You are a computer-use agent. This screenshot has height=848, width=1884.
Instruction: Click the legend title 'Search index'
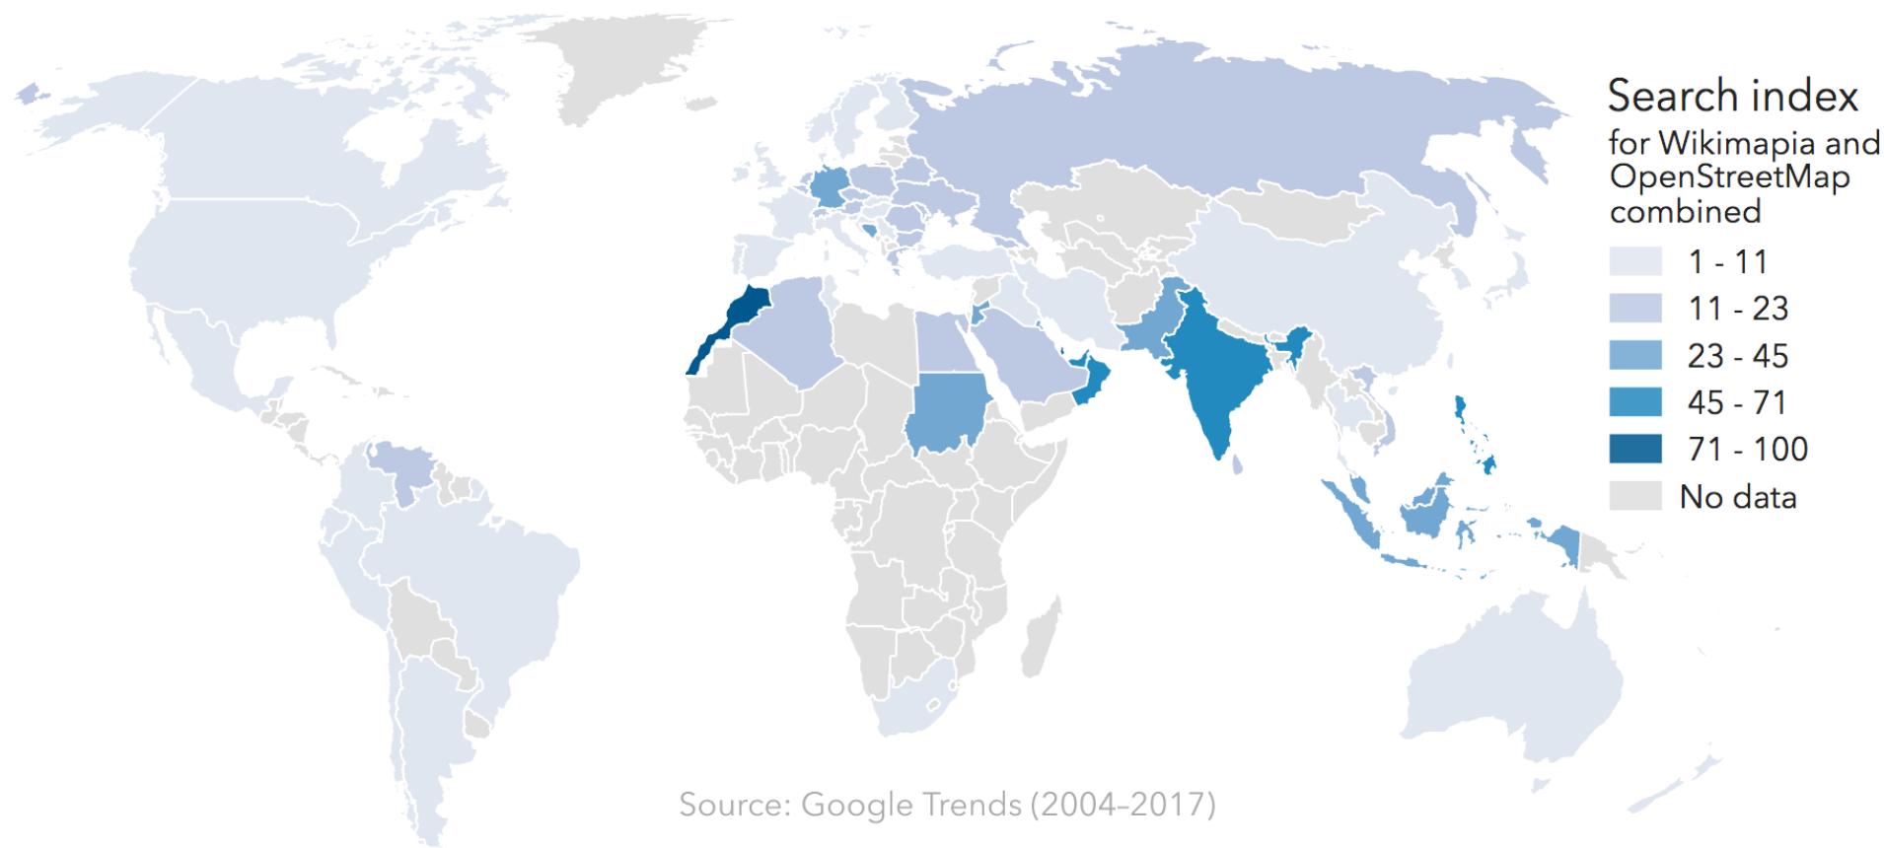tap(1732, 97)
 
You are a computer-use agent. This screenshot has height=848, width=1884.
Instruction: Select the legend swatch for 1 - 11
tap(1634, 261)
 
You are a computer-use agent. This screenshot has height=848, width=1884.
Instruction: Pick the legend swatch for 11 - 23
tap(1634, 309)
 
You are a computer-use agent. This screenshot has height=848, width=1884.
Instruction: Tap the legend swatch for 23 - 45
tap(1634, 355)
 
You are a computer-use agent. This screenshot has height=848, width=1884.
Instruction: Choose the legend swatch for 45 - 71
tap(1634, 402)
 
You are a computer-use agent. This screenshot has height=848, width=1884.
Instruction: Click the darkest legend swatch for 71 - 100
tap(1634, 449)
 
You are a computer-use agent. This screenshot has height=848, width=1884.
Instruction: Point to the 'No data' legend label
tap(1737, 497)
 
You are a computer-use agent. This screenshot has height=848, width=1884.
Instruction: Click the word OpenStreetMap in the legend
tap(1728, 177)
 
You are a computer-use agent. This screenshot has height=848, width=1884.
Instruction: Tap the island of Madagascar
tap(1041, 636)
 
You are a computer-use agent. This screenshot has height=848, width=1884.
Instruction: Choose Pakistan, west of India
tap(1149, 330)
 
